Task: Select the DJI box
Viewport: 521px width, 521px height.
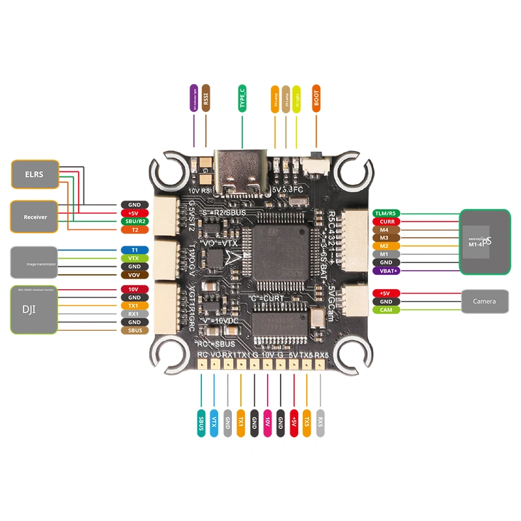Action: pyautogui.click(x=35, y=309)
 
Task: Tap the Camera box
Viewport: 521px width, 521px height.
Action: pyautogui.click(x=484, y=301)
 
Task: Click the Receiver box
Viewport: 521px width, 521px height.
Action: pyautogui.click(x=35, y=216)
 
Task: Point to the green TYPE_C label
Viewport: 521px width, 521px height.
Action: pyautogui.click(x=242, y=98)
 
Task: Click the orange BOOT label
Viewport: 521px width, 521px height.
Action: pyautogui.click(x=317, y=98)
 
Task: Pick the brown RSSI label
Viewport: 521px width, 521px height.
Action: pyautogui.click(x=206, y=98)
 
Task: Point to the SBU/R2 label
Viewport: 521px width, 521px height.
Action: pyautogui.click(x=134, y=221)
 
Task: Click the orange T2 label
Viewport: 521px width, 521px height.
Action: pyautogui.click(x=134, y=230)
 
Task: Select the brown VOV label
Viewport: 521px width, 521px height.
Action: pyautogui.click(x=134, y=275)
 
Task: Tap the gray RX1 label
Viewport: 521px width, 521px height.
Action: pyautogui.click(x=134, y=313)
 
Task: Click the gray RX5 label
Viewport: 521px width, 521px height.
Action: pyautogui.click(x=320, y=423)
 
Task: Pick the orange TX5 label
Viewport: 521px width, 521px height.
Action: pyautogui.click(x=307, y=423)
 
